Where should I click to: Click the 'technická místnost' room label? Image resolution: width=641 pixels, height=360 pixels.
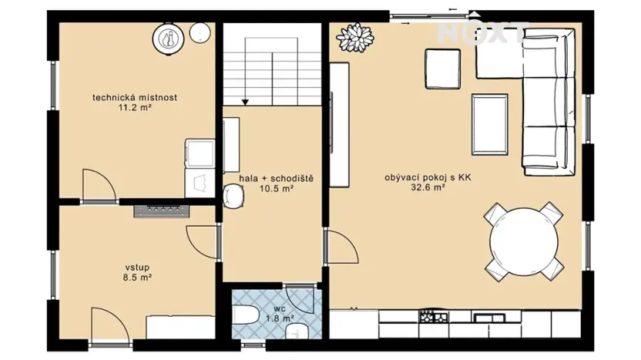coord(135,97)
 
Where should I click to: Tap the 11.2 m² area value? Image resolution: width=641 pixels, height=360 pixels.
coord(135,108)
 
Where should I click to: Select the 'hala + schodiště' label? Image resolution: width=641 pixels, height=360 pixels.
coord(276,178)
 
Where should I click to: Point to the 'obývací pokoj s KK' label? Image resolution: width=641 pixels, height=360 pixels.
coord(428,177)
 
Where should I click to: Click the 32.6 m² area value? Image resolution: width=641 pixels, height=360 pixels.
coord(428,187)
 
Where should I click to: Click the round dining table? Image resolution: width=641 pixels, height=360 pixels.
coord(524,241)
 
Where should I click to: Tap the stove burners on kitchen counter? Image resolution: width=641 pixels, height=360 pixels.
coord(428,316)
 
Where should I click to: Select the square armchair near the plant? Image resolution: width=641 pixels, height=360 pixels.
coord(442,67)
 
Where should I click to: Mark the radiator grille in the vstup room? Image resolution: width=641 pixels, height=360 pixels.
coord(161,209)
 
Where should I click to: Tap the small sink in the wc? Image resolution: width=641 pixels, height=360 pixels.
coord(297,331)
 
